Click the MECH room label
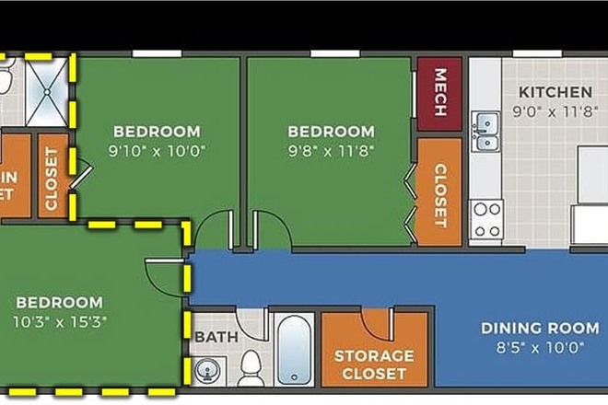click(439, 93)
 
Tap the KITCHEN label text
click(555, 92)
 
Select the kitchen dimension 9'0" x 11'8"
click(555, 110)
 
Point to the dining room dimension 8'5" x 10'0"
click(540, 347)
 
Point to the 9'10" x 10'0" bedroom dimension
click(156, 149)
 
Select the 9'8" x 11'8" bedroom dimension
click(331, 149)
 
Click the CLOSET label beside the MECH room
click(439, 195)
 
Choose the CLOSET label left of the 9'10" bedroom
click(52, 179)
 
